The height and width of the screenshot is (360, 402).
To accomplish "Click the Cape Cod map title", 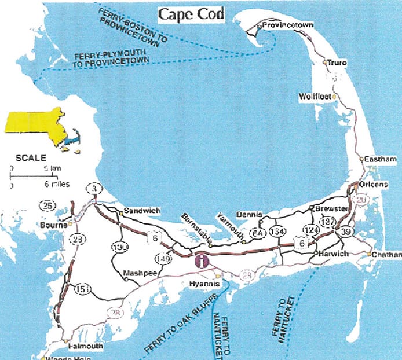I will coord(191,13).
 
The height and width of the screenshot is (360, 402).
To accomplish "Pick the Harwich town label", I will coord(332,254).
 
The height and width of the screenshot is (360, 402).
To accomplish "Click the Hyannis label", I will coord(202,285).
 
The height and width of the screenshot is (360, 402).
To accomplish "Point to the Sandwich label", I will coord(142,211).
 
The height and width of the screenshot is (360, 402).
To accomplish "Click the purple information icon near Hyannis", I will coord(200,261).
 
